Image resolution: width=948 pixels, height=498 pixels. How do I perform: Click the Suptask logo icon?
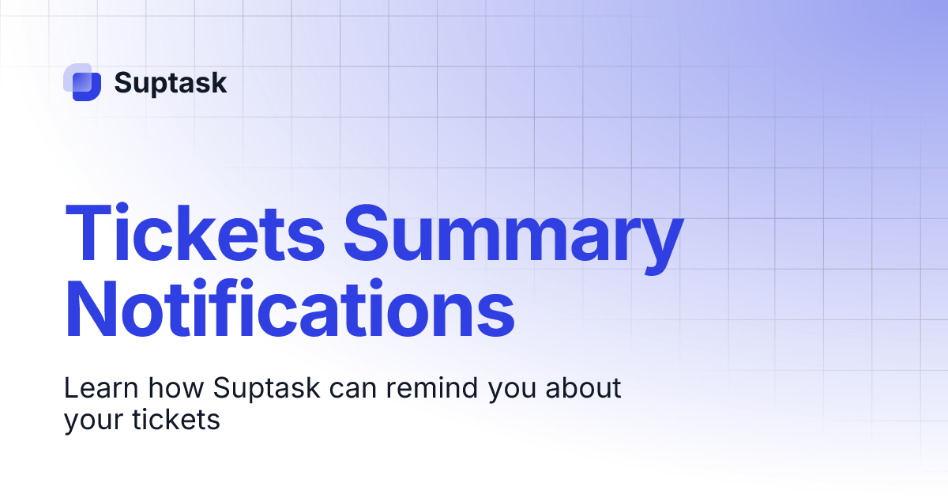82,82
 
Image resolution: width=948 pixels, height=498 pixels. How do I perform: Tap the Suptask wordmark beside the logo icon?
171,83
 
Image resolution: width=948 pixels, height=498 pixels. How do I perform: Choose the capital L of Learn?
71,388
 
